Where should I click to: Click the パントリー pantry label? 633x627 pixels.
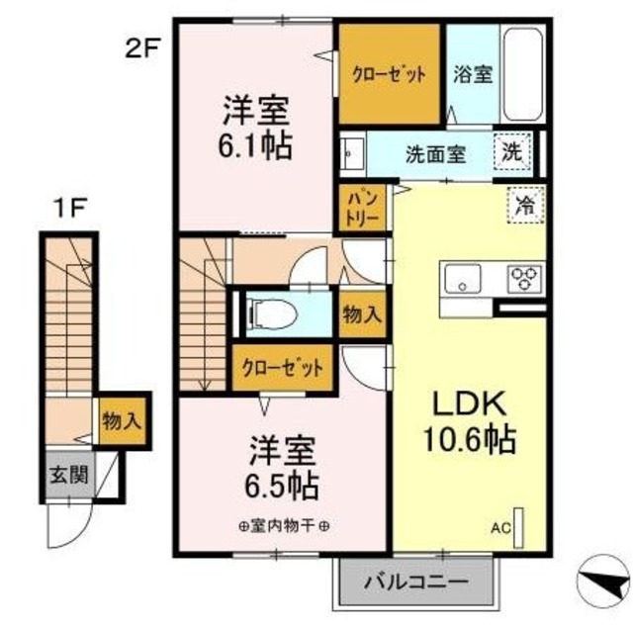[x=359, y=209]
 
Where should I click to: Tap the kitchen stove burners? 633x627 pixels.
[x=523, y=278]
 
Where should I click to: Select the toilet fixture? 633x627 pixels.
[x=273, y=313]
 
